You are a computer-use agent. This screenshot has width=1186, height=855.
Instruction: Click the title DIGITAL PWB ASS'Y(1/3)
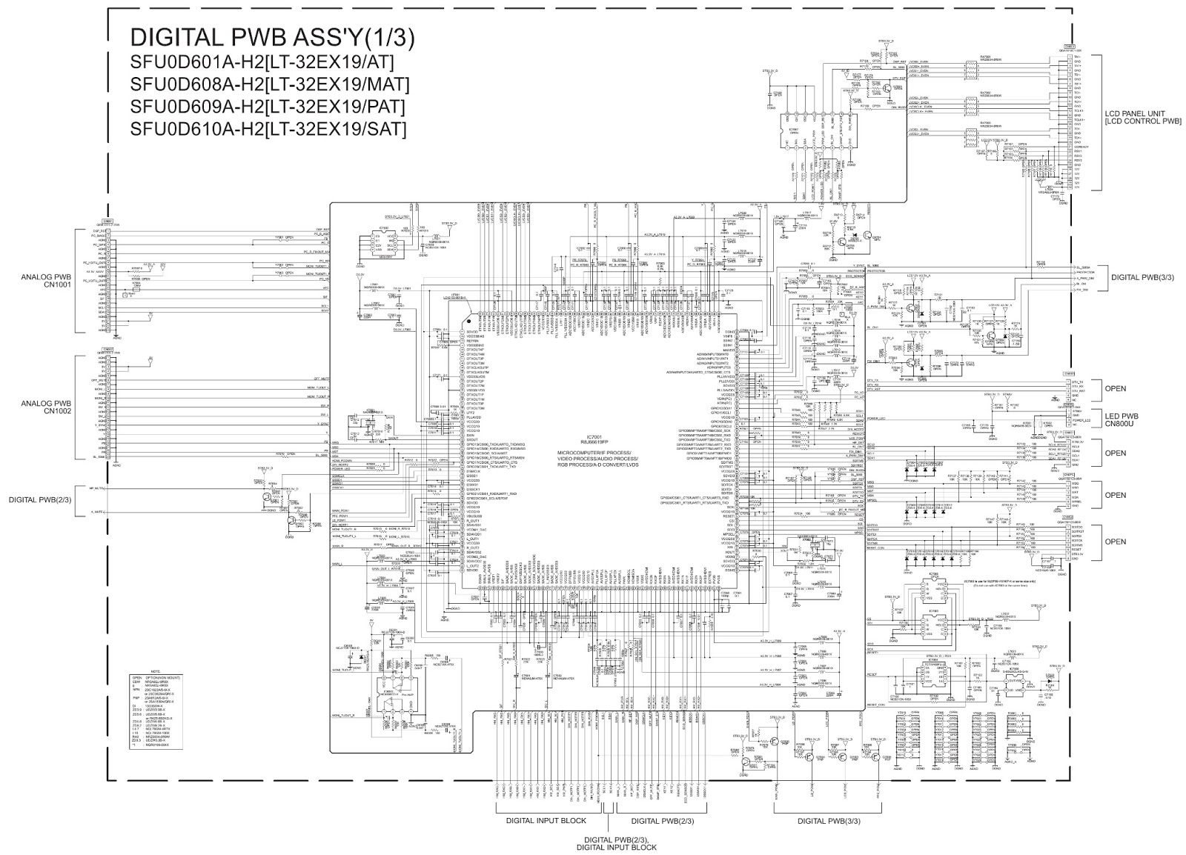tap(272, 37)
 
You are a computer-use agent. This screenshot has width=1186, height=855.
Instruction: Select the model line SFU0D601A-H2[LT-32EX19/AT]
tap(262, 61)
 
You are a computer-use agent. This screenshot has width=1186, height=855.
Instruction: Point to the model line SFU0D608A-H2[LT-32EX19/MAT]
tap(270, 84)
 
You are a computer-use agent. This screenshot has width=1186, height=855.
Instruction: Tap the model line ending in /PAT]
tap(268, 107)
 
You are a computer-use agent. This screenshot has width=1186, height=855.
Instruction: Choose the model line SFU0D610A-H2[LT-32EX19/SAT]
tap(268, 130)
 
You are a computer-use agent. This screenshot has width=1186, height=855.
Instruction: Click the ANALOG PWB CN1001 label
tap(47, 282)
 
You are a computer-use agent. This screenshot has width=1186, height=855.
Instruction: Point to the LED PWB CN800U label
tap(1125, 420)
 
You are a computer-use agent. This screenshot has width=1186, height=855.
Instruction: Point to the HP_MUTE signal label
tap(97, 489)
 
